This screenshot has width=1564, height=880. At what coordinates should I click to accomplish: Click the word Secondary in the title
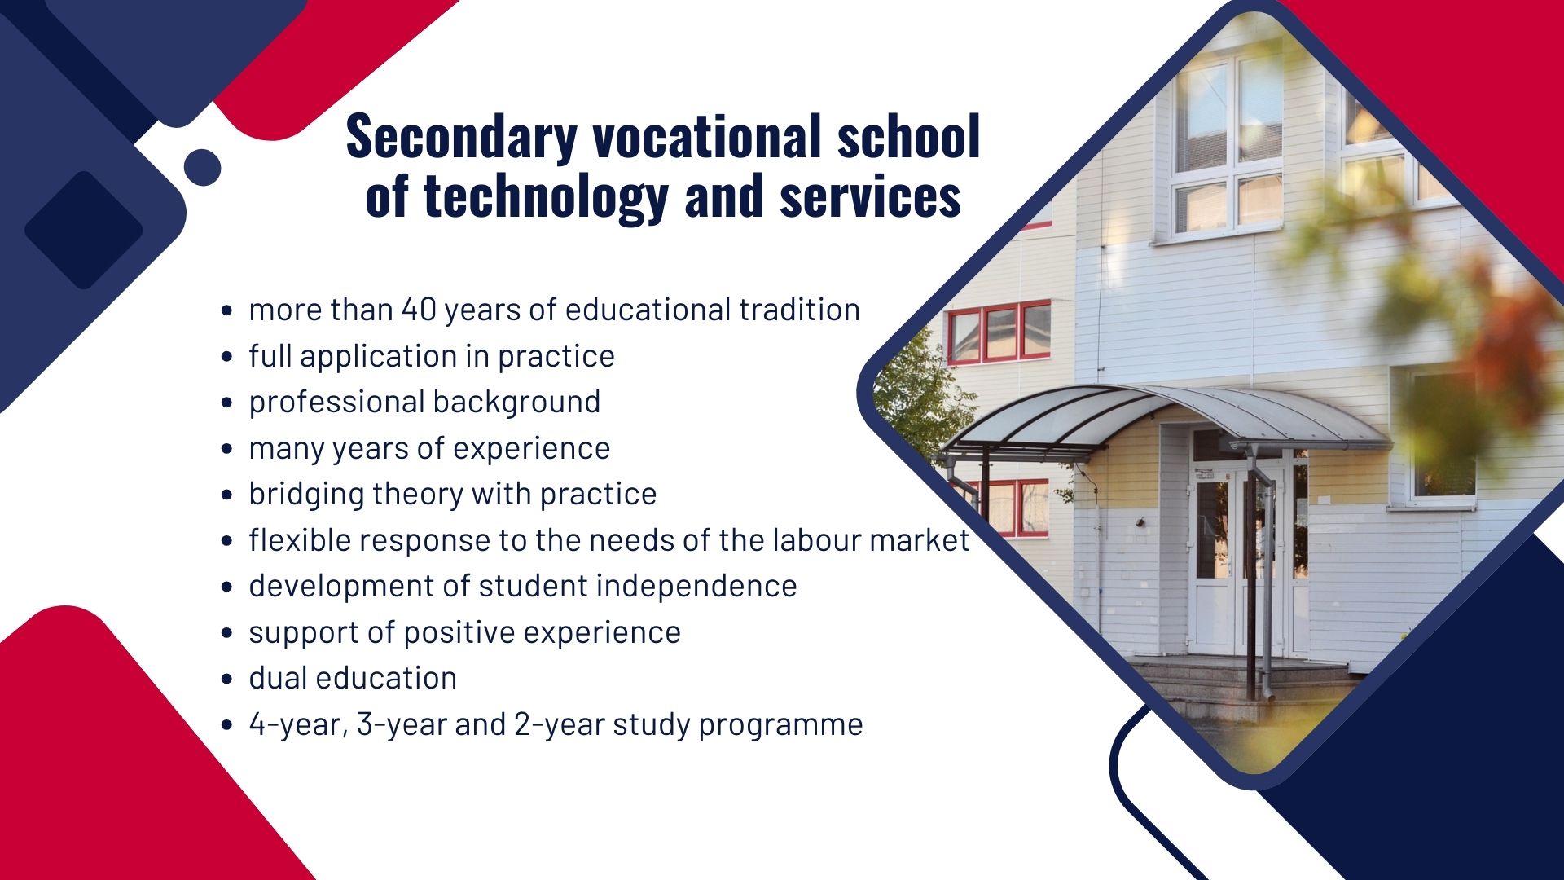[x=462, y=136]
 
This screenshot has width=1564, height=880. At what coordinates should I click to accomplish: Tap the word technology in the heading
[x=546, y=196]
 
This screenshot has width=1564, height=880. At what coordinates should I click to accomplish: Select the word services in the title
[x=870, y=196]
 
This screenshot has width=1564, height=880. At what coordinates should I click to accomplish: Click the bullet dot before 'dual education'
[x=227, y=680]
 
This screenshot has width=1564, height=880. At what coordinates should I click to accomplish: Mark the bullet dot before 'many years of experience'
[x=227, y=449]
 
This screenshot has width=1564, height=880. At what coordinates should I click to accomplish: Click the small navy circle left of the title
[x=202, y=167]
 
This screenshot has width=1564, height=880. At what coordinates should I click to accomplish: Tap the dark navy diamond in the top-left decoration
[x=83, y=230]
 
